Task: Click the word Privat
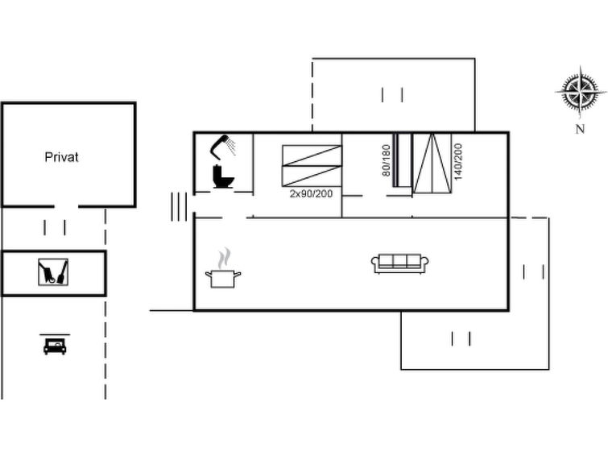tap(61, 157)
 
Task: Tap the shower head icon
tap(223, 147)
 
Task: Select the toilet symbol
tap(223, 176)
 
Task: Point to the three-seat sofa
tap(399, 263)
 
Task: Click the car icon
tap(55, 346)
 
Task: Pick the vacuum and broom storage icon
tap(53, 272)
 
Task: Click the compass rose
tap(581, 92)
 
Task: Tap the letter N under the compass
tap(580, 129)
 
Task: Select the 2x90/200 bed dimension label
tap(311, 193)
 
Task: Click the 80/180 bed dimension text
tap(387, 160)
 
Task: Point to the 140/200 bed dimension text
tap(458, 161)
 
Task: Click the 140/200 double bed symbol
tap(432, 163)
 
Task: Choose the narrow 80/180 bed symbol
tap(402, 160)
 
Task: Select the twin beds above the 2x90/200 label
tap(312, 166)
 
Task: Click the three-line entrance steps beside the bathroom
tap(179, 207)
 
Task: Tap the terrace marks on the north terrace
tap(392, 95)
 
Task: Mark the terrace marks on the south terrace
tap(461, 339)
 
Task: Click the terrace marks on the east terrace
tap(534, 272)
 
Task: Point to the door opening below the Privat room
tap(66, 206)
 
